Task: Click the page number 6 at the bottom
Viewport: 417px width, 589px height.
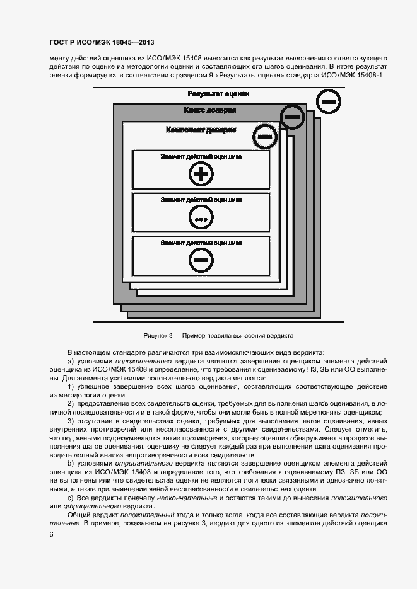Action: pos(50,534)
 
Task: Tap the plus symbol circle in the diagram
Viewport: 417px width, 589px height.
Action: pos(201,173)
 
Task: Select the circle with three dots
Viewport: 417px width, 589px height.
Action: pos(201,218)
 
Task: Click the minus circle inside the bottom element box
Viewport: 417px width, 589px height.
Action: pos(201,260)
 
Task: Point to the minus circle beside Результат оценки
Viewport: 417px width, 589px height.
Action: pos(328,101)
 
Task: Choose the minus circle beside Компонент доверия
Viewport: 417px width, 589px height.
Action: pos(266,136)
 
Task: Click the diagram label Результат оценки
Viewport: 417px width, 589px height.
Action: pos(218,94)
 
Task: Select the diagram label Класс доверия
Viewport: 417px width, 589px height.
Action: pos(210,110)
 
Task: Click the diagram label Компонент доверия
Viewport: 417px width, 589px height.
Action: pos(201,130)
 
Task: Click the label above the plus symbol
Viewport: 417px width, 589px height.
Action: pos(201,156)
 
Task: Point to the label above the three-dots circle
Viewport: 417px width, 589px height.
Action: pos(201,200)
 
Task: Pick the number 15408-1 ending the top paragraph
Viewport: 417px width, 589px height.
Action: pos(368,76)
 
